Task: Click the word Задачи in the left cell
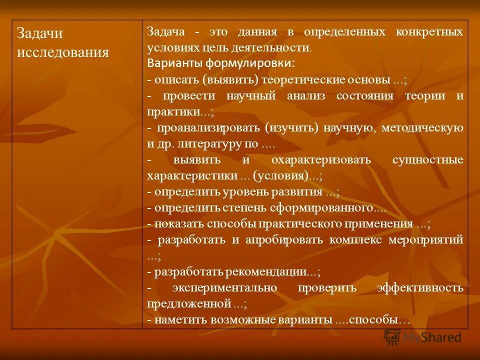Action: [39, 33]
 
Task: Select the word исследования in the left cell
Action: [63, 52]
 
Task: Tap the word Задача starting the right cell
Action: [166, 31]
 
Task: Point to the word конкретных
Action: [429, 31]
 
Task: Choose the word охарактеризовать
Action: [321, 160]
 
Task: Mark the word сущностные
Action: [428, 160]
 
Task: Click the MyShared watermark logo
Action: [422, 337]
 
